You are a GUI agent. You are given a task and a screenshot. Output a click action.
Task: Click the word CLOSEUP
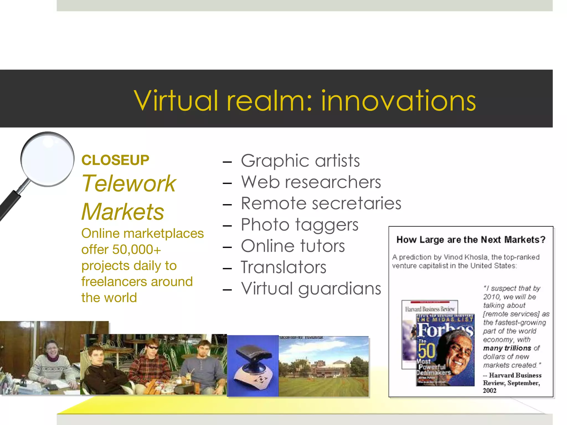click(115, 160)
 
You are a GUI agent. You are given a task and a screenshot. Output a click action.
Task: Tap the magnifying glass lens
click(48, 159)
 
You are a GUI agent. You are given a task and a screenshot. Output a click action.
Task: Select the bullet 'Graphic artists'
click(300, 161)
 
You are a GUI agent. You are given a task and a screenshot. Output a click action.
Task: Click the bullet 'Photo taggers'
click(300, 225)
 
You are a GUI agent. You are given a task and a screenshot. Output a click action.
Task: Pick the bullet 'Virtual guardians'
click(311, 289)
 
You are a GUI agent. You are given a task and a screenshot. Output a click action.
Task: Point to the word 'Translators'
click(283, 267)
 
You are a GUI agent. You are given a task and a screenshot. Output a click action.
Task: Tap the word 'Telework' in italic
click(129, 183)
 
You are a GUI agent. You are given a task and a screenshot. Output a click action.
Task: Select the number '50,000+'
click(136, 250)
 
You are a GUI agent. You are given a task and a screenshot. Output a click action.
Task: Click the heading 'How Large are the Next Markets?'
click(471, 240)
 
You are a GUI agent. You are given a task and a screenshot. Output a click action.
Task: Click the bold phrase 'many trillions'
click(507, 348)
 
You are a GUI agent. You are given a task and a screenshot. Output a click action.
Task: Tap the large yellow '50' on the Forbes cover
click(426, 350)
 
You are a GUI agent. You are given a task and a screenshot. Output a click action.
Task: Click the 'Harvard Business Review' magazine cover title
click(430, 309)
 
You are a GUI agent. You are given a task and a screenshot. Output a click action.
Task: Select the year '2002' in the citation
click(489, 391)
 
